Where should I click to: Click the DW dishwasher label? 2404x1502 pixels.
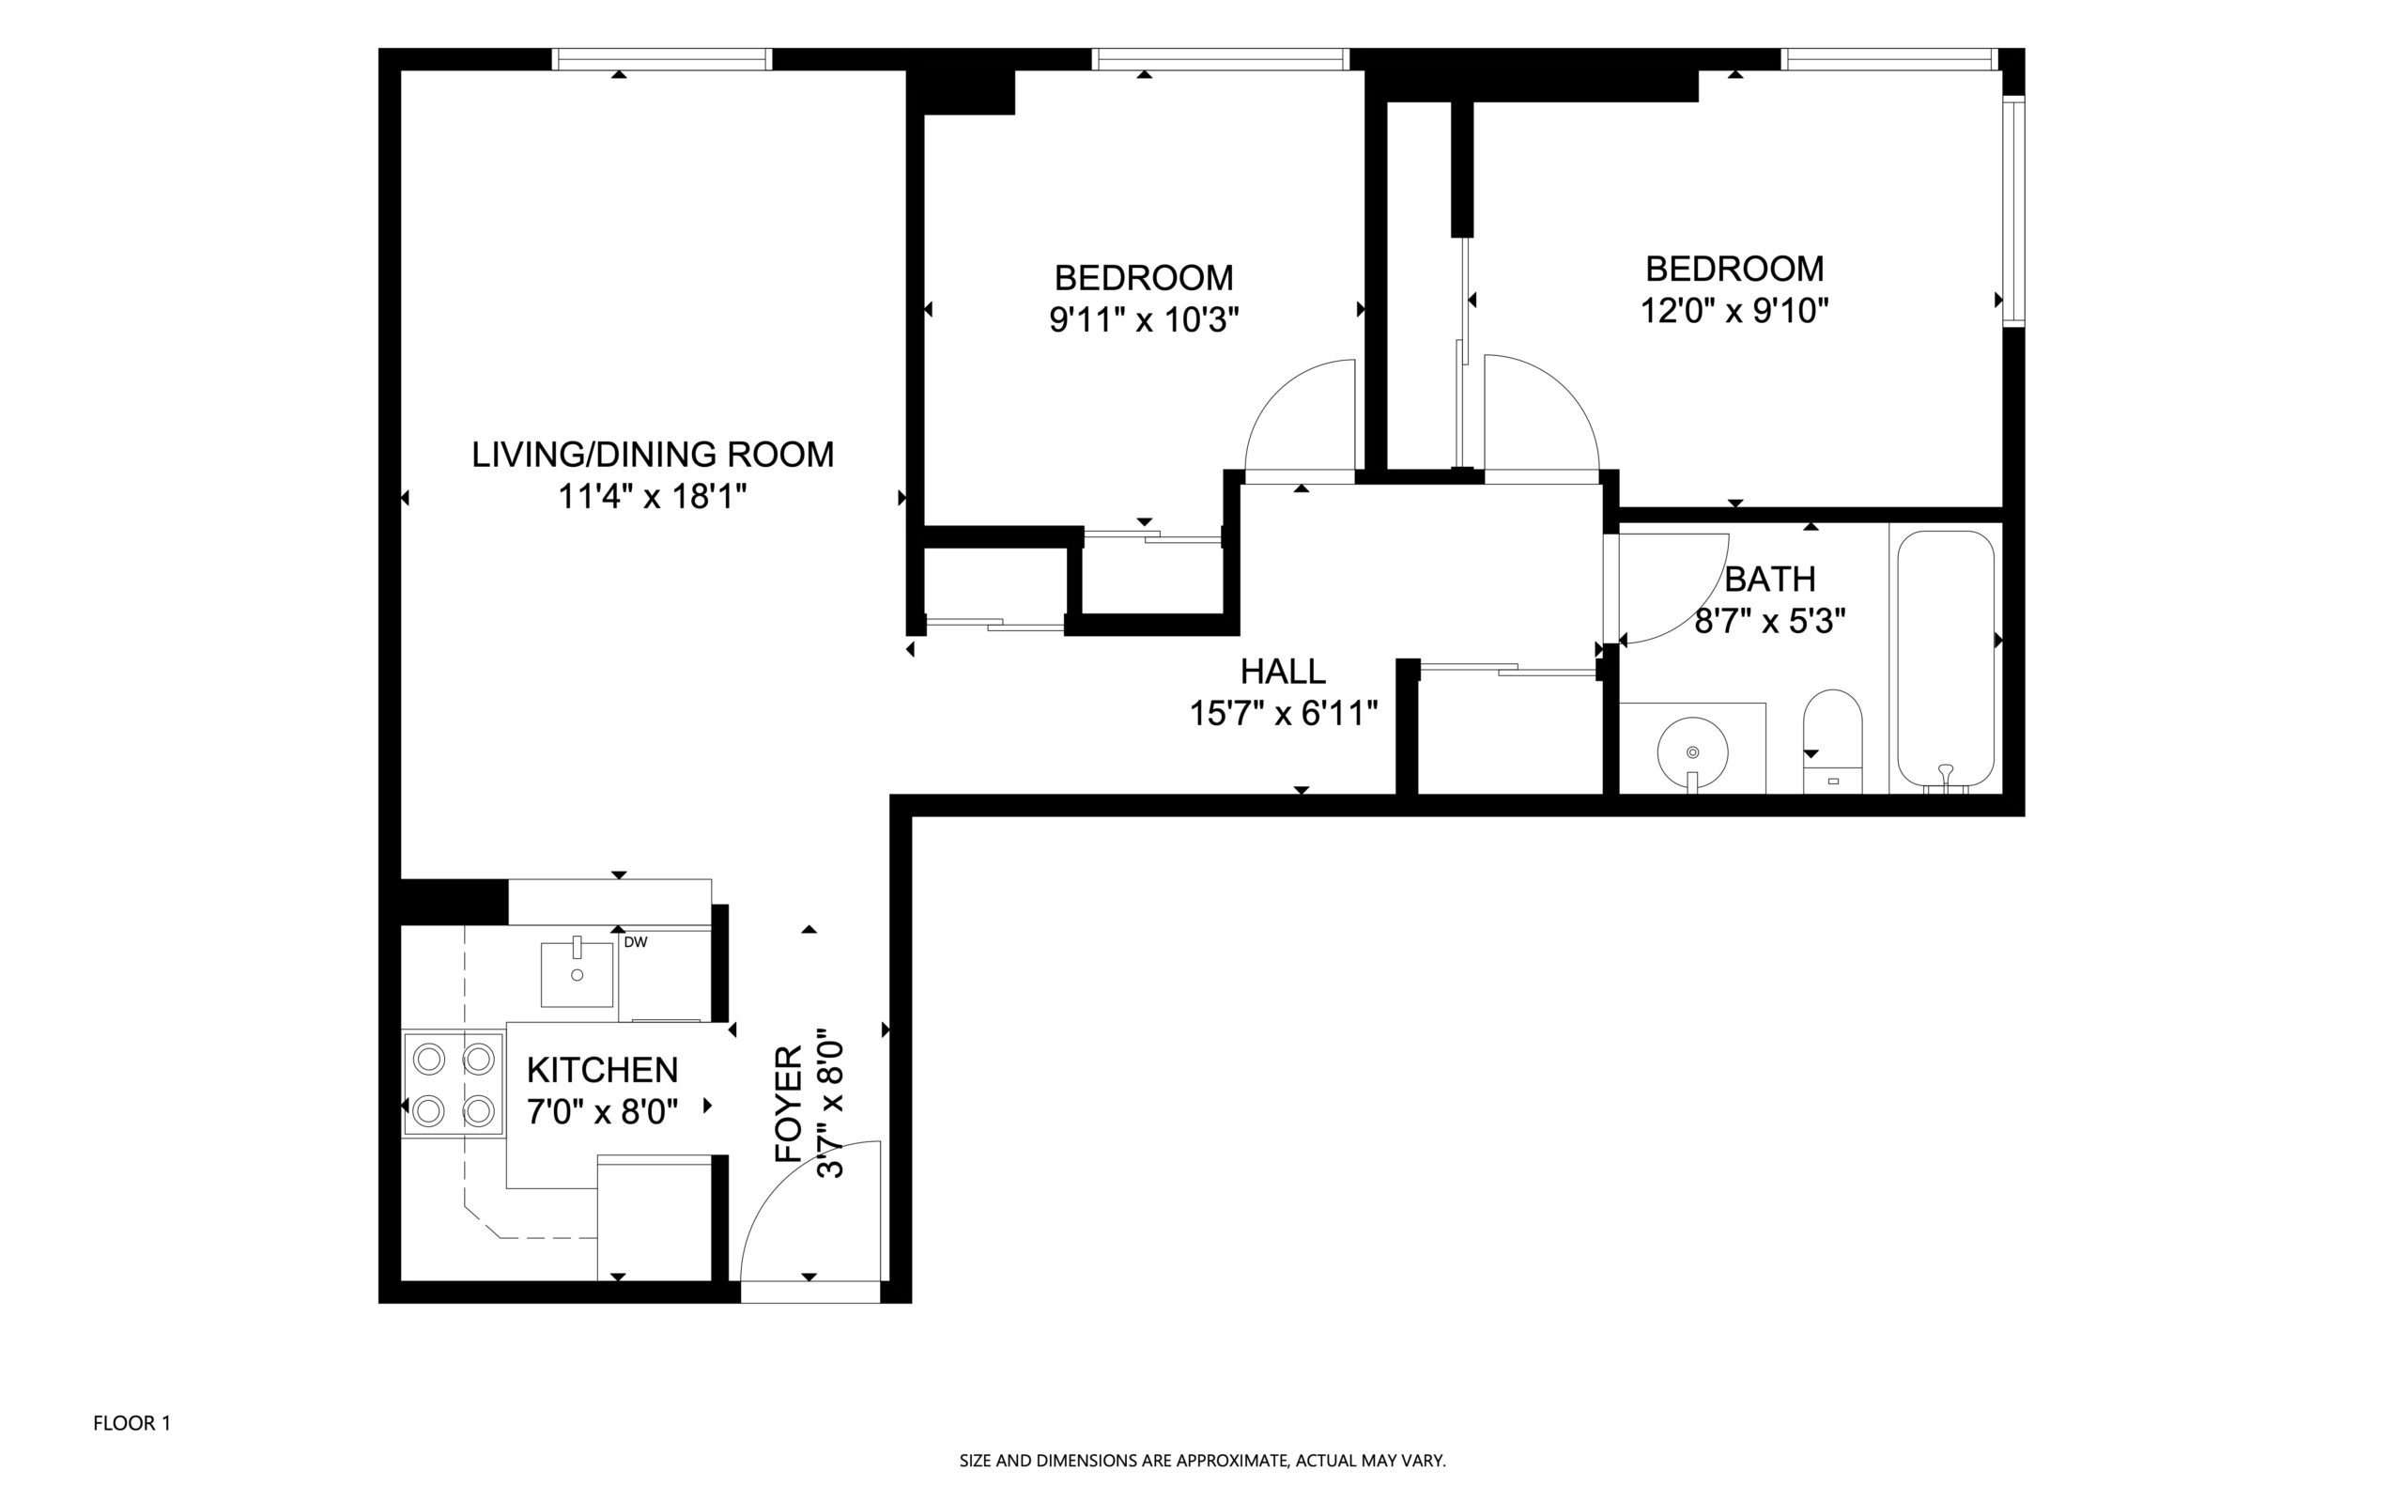point(636,942)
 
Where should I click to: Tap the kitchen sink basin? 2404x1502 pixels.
point(577,973)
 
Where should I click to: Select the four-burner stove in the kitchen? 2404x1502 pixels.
point(454,1084)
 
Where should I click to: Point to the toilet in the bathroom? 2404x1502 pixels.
point(1832,741)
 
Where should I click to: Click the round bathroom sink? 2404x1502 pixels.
point(1693,753)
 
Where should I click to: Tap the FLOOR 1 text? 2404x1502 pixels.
point(132,1423)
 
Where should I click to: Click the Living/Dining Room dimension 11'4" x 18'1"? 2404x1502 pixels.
point(653,497)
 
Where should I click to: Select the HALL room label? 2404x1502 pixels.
point(1283,672)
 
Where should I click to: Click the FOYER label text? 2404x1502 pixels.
point(789,1104)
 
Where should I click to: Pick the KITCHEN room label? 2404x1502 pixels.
point(603,1070)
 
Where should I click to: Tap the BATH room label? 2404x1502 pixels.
point(1770,578)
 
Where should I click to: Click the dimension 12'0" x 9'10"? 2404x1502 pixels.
point(1734,311)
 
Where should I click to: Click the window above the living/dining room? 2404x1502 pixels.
point(661,59)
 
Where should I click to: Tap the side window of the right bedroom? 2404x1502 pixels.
point(2013,210)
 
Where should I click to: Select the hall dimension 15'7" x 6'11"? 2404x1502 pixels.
point(1284,713)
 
